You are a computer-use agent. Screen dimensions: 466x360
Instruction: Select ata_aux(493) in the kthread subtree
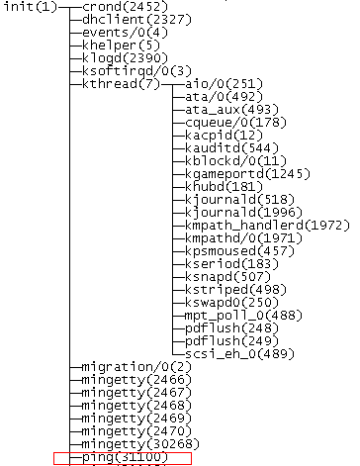point(223,110)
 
